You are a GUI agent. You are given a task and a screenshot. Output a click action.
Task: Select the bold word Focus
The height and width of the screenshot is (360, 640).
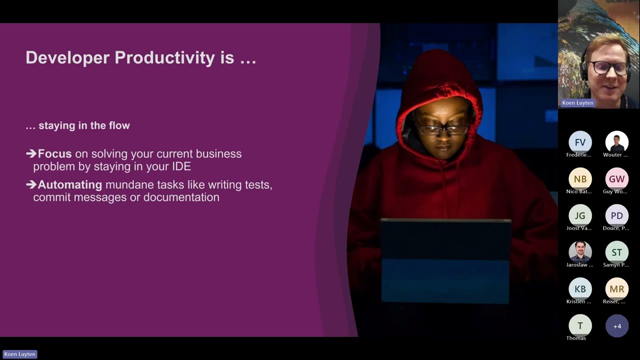tap(54, 154)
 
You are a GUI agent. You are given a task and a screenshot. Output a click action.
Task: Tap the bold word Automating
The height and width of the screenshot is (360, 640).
tap(69, 185)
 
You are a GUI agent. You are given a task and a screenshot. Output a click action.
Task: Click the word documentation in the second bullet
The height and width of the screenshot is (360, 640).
tap(181, 197)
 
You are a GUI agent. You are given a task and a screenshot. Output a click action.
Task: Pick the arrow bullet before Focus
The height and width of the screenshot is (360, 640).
tap(31, 154)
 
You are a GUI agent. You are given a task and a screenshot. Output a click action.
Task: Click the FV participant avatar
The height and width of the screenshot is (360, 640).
tap(580, 142)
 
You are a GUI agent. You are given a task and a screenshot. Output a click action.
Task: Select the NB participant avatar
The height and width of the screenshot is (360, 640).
tap(580, 179)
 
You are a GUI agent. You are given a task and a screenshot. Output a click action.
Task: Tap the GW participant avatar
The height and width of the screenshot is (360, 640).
tap(616, 179)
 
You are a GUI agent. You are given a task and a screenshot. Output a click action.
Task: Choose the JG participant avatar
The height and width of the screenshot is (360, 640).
tap(580, 215)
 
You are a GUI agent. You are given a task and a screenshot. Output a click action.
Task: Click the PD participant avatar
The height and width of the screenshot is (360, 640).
tap(616, 215)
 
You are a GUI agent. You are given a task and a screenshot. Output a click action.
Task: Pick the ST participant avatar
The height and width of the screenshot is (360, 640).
tap(616, 252)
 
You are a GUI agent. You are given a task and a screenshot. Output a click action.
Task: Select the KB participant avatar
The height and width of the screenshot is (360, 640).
tap(580, 289)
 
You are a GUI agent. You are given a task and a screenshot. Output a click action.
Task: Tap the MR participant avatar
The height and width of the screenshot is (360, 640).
tap(616, 289)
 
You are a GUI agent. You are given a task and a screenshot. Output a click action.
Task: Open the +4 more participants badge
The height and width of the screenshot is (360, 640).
tap(617, 326)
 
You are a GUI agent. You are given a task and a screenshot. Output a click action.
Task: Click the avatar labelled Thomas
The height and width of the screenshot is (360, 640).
tap(580, 326)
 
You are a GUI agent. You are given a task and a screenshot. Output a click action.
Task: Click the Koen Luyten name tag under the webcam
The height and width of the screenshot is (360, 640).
tap(577, 103)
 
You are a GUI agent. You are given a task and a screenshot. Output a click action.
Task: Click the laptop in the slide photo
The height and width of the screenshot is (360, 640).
tap(445, 260)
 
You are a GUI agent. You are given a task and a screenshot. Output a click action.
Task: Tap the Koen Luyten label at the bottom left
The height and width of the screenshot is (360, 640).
tap(20, 354)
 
